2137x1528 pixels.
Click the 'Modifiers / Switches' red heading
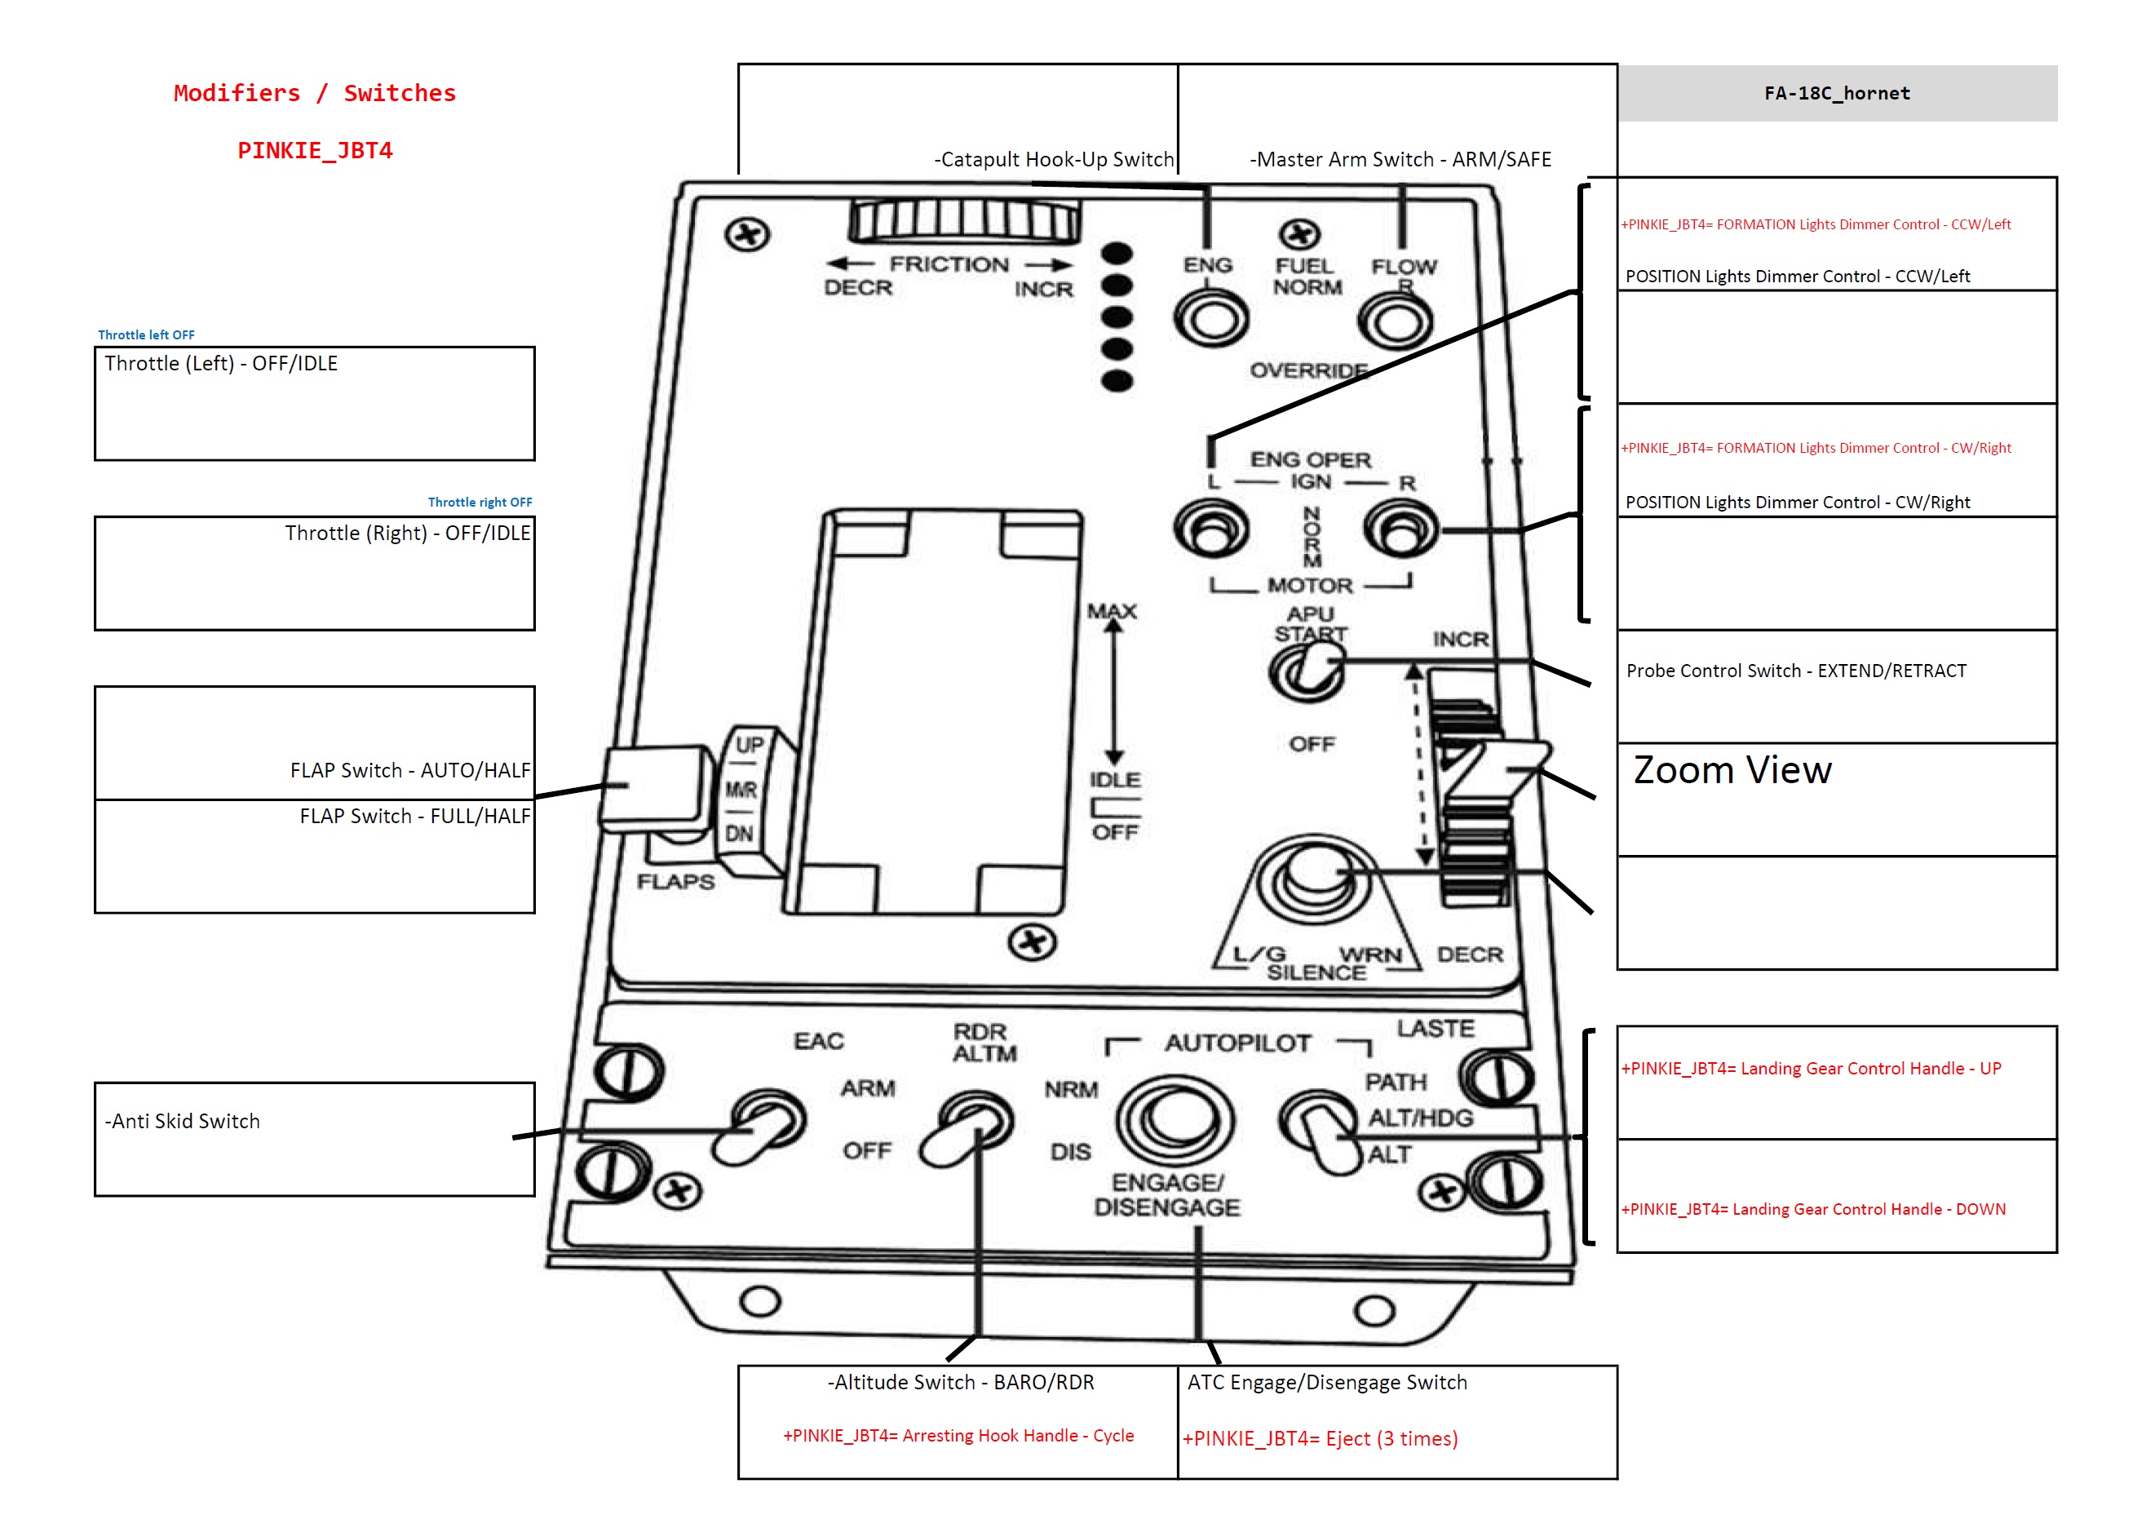pyautogui.click(x=314, y=93)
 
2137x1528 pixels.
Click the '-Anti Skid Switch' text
pyautogui.click(x=183, y=1121)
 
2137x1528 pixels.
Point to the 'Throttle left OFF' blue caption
pyautogui.click(x=146, y=335)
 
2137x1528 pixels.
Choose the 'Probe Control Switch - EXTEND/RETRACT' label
pyautogui.click(x=1794, y=671)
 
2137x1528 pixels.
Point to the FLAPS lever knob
pyautogui.click(x=656, y=788)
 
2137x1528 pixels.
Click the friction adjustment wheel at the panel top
pyautogui.click(x=963, y=222)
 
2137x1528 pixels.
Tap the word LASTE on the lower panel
pyautogui.click(x=1435, y=1029)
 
